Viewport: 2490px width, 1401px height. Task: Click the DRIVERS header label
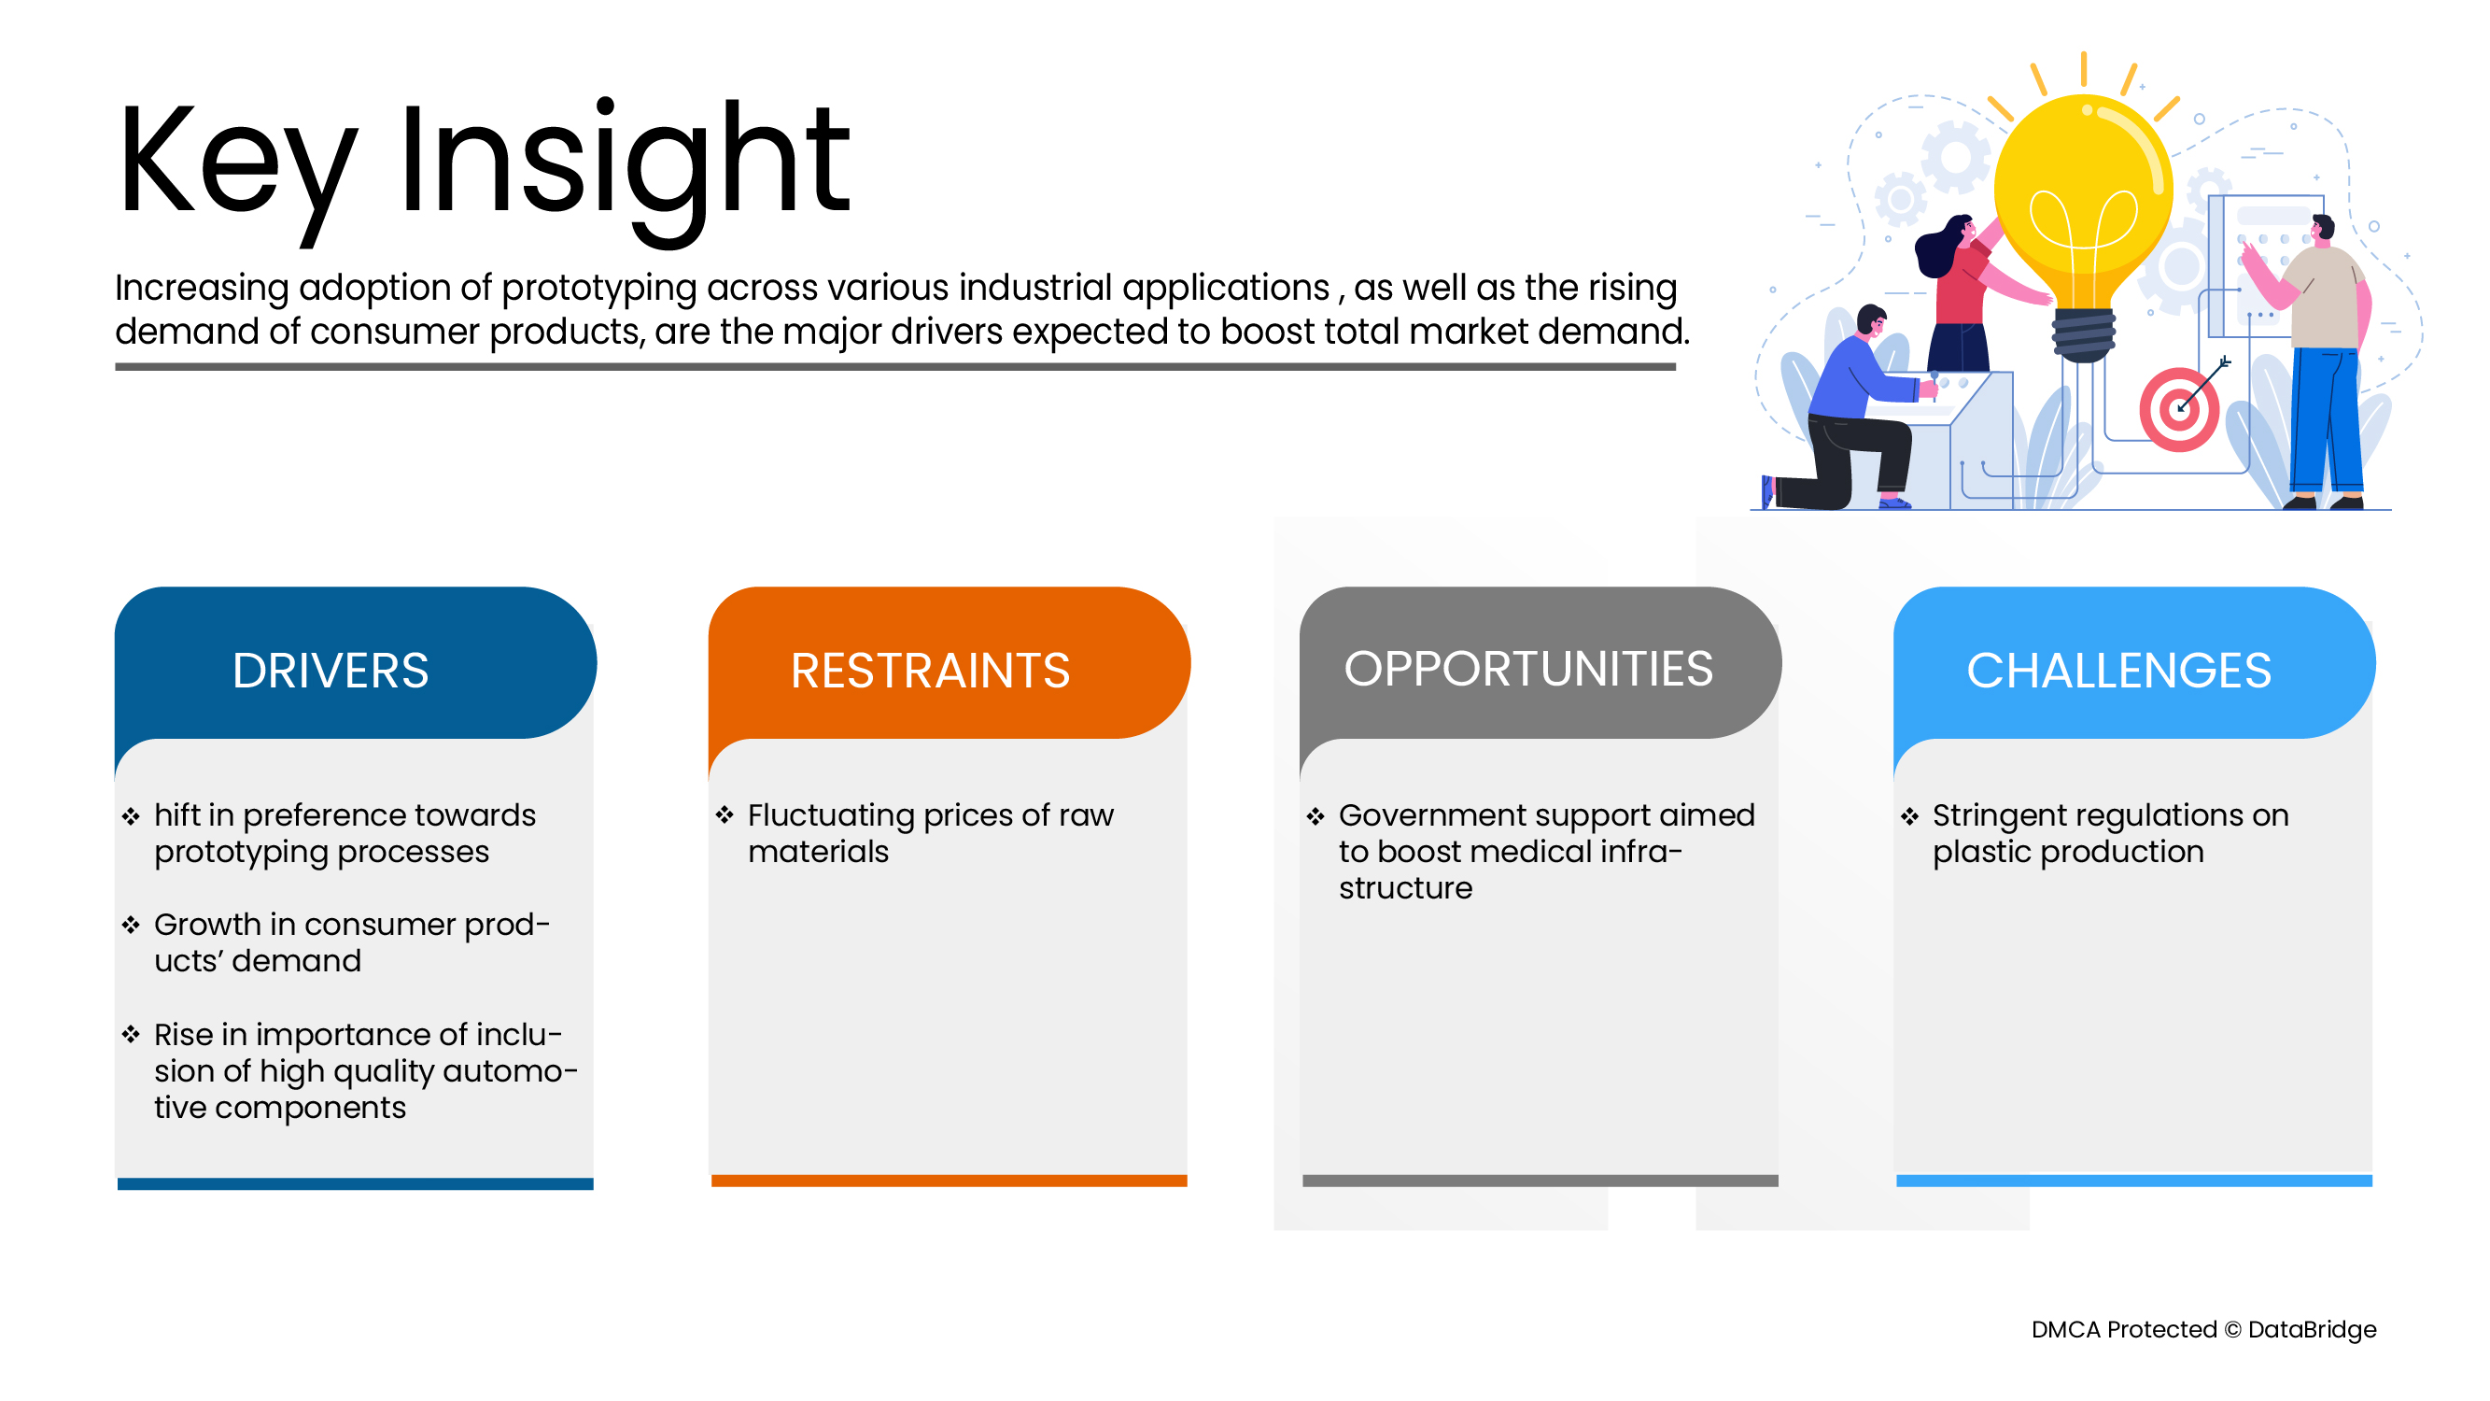click(331, 670)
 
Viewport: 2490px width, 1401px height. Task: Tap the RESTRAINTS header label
click(930, 670)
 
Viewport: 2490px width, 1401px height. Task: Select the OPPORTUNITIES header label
click(1528, 668)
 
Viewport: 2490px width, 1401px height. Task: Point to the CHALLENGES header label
click(2118, 670)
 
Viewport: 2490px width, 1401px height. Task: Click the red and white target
click(2180, 409)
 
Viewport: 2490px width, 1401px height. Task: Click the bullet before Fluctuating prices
click(724, 815)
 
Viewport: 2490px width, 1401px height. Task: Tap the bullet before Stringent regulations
click(1909, 816)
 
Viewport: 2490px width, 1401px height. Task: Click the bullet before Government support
click(1315, 816)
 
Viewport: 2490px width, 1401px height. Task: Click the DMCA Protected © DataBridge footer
click(2204, 1329)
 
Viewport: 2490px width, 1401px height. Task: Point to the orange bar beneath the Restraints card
click(949, 1181)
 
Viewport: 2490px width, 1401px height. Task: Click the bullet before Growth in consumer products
click(131, 926)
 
